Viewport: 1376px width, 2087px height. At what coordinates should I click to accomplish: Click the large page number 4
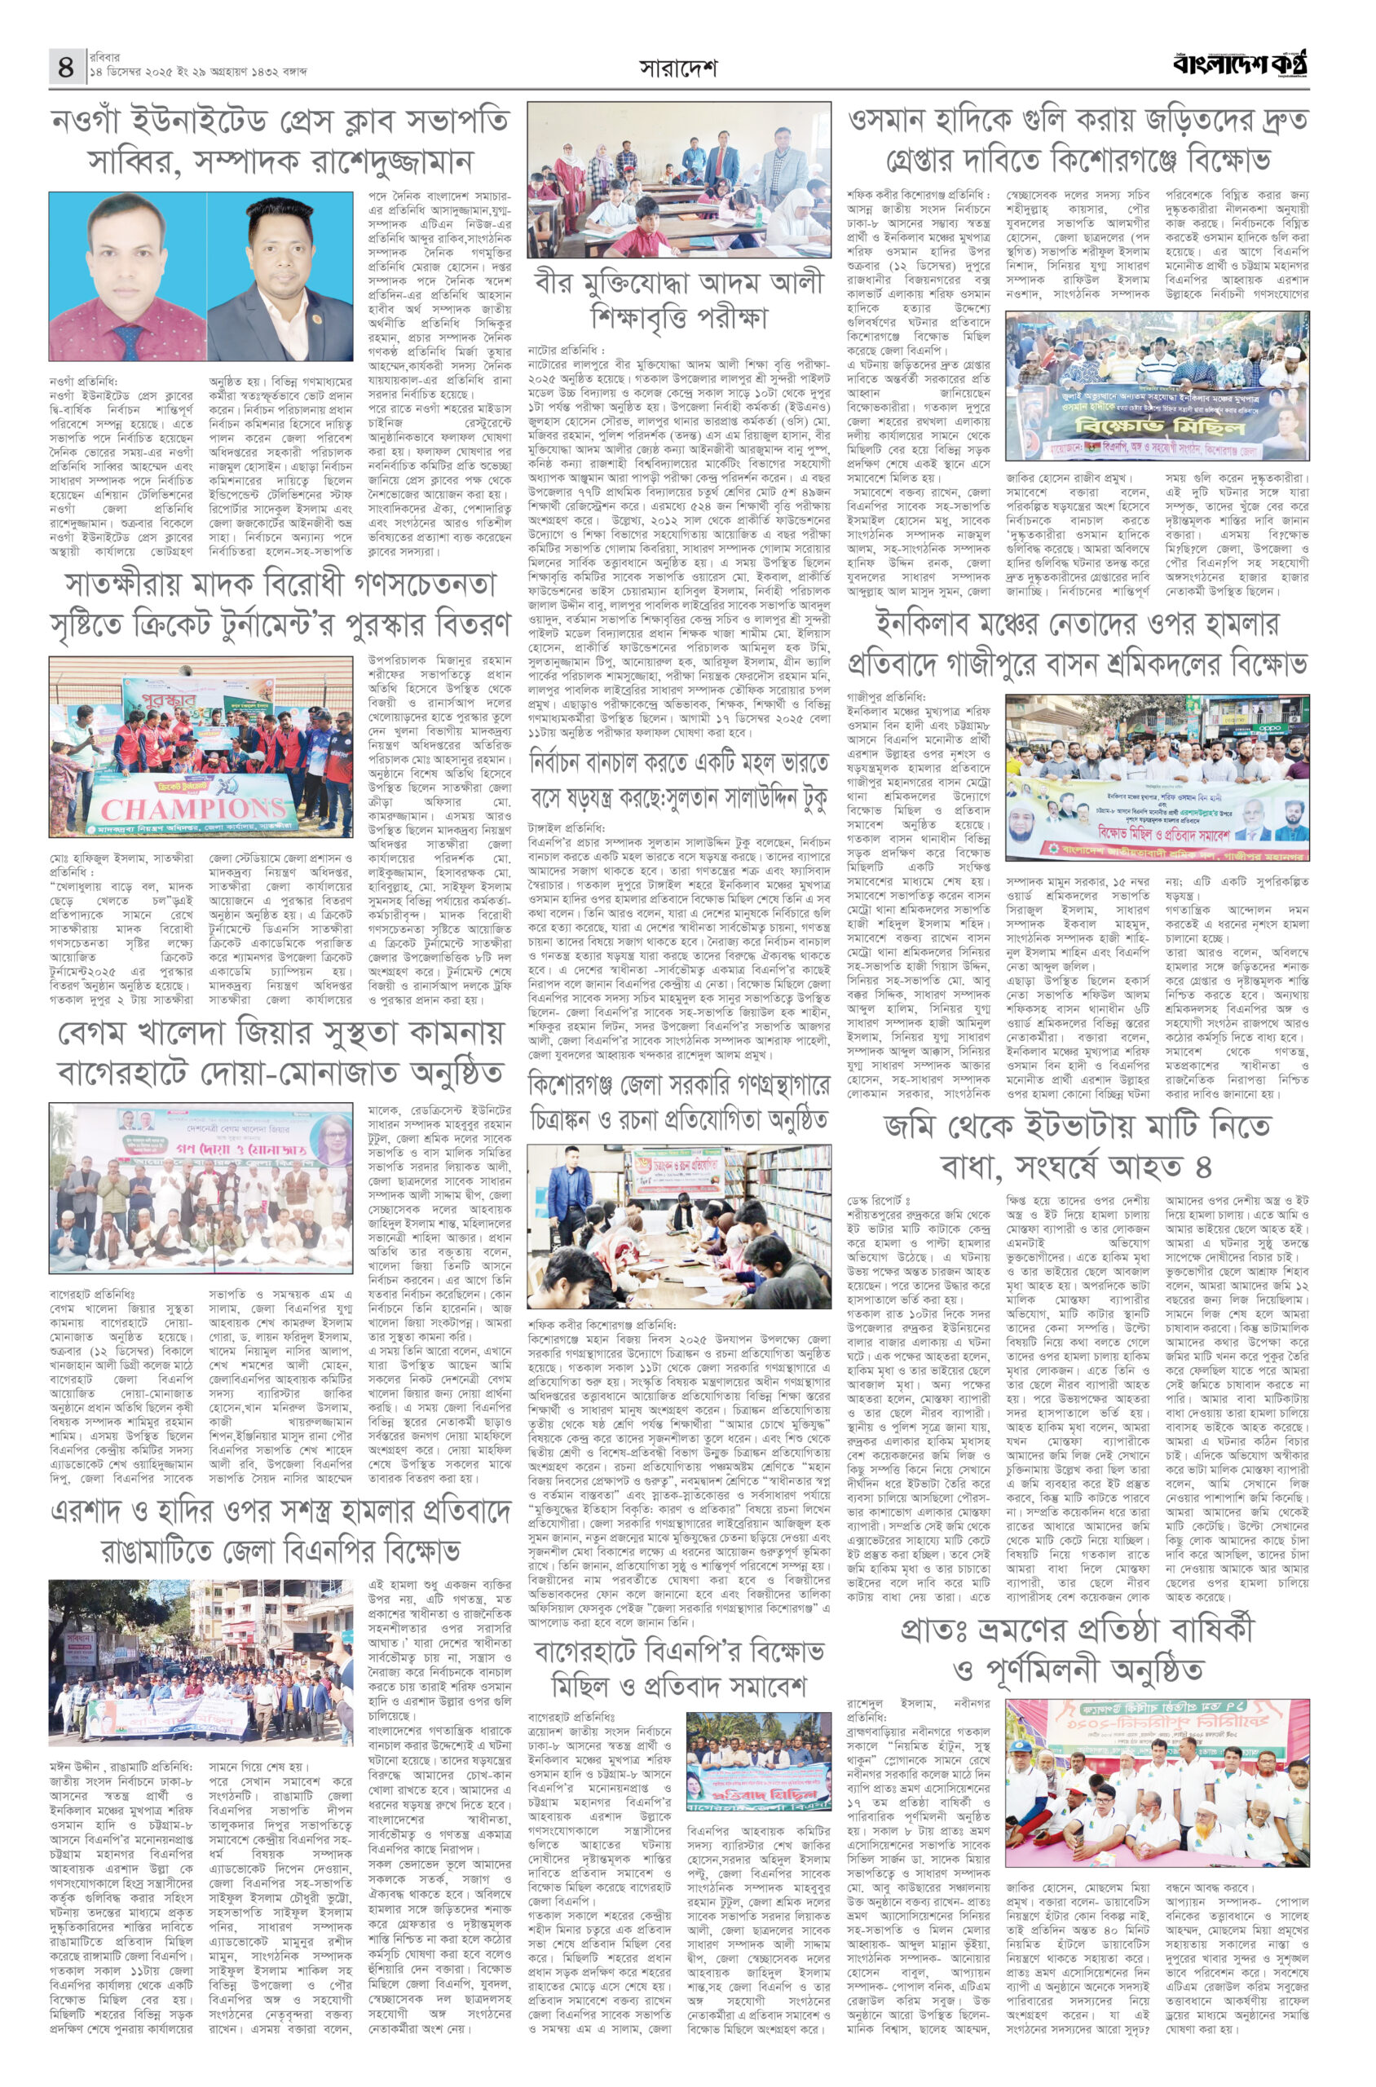(x=66, y=67)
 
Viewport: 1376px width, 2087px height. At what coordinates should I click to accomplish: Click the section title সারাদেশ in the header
(x=677, y=68)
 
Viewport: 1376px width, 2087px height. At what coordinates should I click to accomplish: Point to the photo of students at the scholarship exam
(x=678, y=180)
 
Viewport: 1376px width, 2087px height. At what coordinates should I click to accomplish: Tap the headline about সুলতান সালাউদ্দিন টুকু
(x=678, y=780)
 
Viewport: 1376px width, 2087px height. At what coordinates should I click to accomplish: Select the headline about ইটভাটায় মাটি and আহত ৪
(x=1078, y=1145)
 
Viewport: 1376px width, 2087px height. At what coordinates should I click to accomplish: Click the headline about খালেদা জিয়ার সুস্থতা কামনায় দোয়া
(x=279, y=1052)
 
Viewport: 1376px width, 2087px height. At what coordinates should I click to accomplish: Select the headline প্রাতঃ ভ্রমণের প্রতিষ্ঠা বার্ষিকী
(x=1078, y=1648)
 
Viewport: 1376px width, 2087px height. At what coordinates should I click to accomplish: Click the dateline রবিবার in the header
(x=104, y=57)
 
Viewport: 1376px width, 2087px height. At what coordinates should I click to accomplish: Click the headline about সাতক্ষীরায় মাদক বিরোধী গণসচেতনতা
(x=279, y=604)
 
